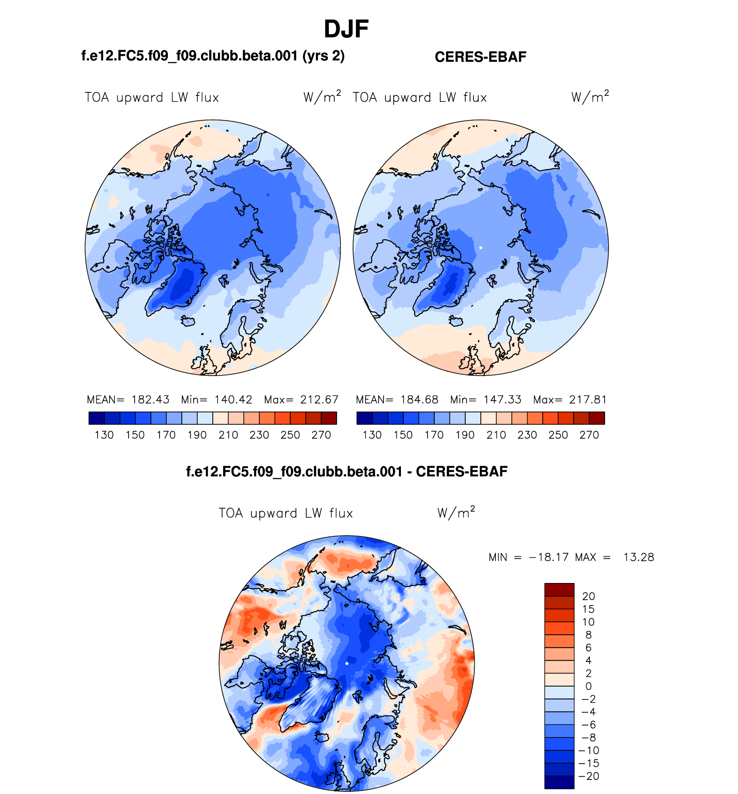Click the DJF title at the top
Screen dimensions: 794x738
pyautogui.click(x=346, y=29)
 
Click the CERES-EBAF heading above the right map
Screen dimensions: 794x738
pyautogui.click(x=480, y=57)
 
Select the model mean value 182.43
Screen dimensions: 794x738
pyautogui.click(x=150, y=400)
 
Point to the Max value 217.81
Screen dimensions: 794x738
pyautogui.click(x=588, y=400)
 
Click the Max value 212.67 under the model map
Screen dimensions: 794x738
pyautogui.click(x=319, y=400)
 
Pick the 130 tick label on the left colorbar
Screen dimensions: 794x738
pyautogui.click(x=104, y=435)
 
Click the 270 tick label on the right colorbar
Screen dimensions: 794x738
pyautogui.click(x=589, y=435)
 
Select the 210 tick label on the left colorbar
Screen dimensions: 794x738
pyautogui.click(x=228, y=435)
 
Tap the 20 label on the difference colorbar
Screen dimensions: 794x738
pyautogui.click(x=588, y=596)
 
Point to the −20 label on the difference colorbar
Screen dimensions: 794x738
pyautogui.click(x=589, y=776)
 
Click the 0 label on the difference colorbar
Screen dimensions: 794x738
pyautogui.click(x=589, y=687)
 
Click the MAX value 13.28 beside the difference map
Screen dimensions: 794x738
pyautogui.click(x=639, y=558)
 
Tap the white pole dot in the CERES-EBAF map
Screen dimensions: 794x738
pyautogui.click(x=481, y=248)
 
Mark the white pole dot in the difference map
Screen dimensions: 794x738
pyautogui.click(x=347, y=664)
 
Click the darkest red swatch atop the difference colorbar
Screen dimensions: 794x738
pyautogui.click(x=559, y=590)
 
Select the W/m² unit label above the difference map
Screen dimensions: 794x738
pyautogui.click(x=456, y=513)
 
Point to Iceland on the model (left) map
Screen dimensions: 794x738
pyautogui.click(x=188, y=321)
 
